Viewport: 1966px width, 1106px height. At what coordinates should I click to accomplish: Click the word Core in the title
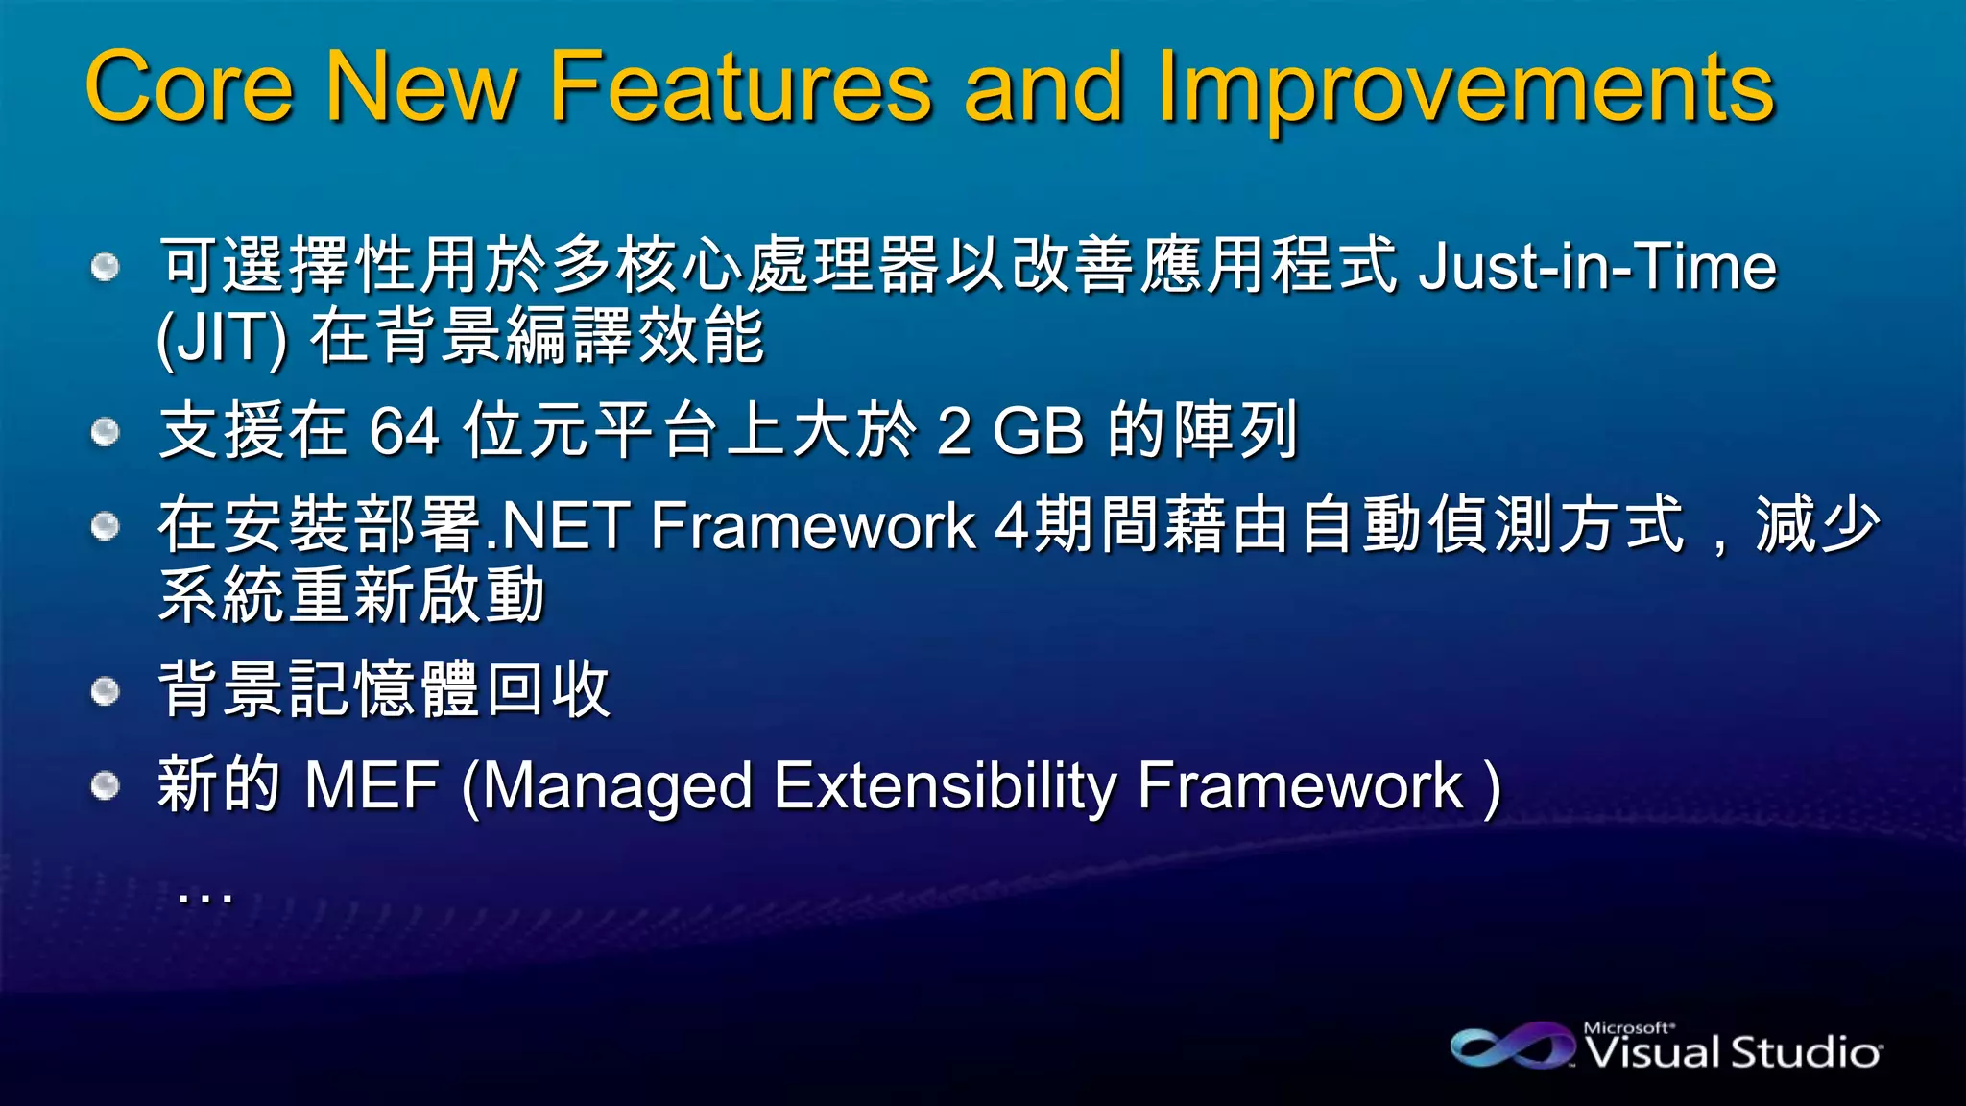(x=189, y=88)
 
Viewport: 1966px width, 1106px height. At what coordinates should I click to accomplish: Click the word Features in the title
(x=740, y=88)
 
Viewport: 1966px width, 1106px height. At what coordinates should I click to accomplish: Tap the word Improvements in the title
(x=1466, y=88)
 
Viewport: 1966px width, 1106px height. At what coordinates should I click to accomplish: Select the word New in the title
(x=421, y=88)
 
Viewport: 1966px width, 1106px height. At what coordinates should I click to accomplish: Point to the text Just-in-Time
(x=1597, y=267)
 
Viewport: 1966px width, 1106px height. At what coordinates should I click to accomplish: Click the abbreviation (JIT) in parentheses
(x=222, y=338)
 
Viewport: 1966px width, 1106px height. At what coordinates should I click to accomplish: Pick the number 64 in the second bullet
(x=404, y=431)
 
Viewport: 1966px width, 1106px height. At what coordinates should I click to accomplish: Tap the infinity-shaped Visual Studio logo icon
(x=1513, y=1046)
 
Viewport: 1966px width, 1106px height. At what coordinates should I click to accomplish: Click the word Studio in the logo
(x=1806, y=1053)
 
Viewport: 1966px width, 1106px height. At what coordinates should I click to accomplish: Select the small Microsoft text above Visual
(x=1628, y=1027)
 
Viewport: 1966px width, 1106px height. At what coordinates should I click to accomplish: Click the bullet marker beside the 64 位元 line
(x=106, y=432)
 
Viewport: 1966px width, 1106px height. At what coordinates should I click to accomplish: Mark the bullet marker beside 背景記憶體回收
(x=106, y=690)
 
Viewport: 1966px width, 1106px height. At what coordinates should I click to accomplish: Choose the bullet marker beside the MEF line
(x=106, y=785)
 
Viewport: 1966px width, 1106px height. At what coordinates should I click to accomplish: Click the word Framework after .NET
(x=812, y=526)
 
